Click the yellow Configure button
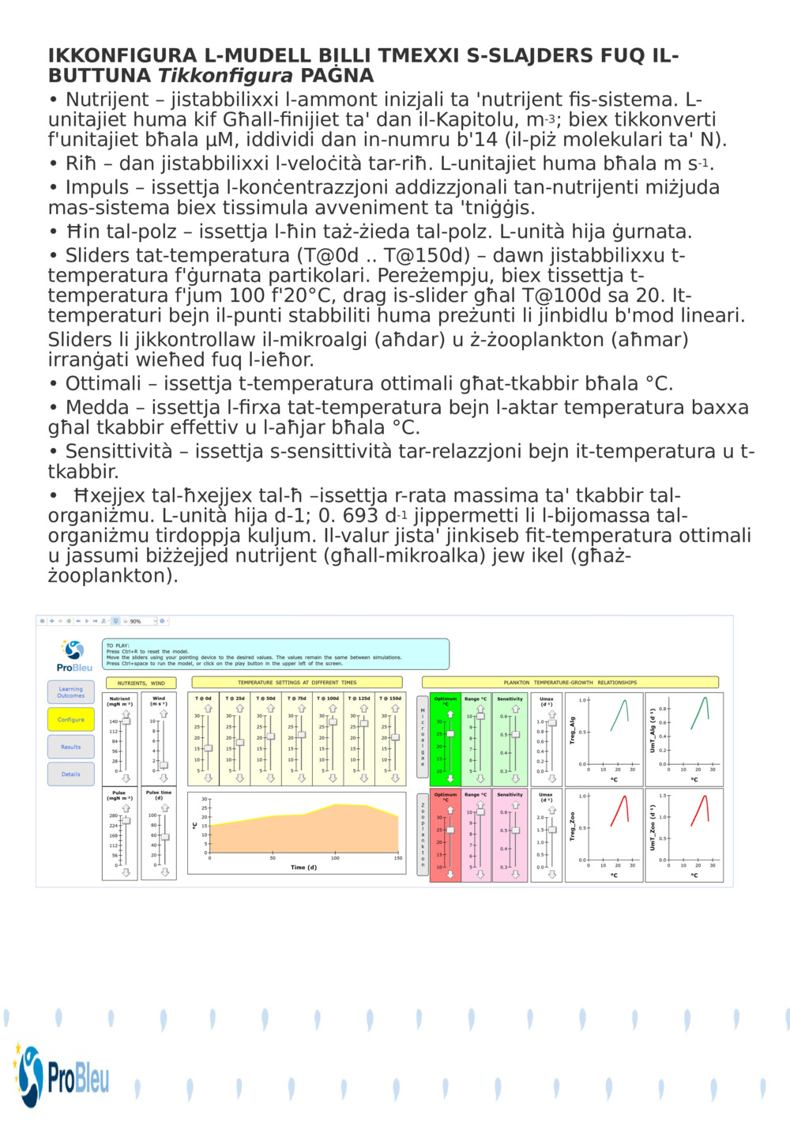coord(71,720)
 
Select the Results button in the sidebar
coord(71,747)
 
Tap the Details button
coord(71,774)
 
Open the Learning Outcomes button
coord(71,692)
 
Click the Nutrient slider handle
coord(126,721)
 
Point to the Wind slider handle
coord(164,765)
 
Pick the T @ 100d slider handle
coord(333,722)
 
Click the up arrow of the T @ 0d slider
coord(208,709)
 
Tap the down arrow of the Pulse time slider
coord(165,872)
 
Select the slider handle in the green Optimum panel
coord(450,734)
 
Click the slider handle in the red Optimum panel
coord(450,830)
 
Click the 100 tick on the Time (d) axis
coord(335,858)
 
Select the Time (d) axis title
coord(303,867)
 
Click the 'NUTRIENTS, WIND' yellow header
coord(141,683)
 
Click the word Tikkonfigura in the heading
coord(226,76)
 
